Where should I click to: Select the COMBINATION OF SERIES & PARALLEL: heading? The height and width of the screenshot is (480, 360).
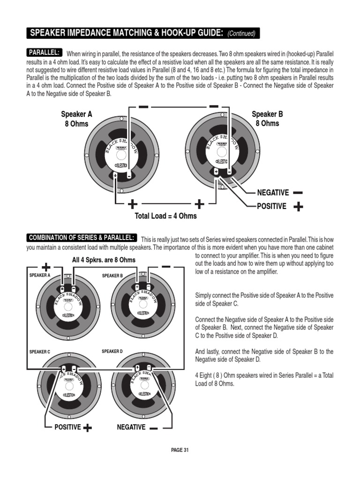(82, 237)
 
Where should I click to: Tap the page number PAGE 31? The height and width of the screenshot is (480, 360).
(180, 450)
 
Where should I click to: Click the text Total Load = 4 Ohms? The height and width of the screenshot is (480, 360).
(165, 216)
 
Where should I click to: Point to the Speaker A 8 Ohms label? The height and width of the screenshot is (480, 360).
(76, 119)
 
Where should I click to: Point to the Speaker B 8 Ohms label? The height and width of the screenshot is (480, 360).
(267, 119)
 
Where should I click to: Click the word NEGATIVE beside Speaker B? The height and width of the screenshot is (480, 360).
(273, 193)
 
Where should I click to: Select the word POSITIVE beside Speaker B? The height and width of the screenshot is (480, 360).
(271, 206)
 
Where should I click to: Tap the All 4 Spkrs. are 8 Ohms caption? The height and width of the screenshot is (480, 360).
(104, 260)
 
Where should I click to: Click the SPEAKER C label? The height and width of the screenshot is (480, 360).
(40, 351)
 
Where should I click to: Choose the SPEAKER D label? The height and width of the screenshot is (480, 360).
(112, 351)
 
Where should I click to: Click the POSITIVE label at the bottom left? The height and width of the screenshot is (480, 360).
(67, 427)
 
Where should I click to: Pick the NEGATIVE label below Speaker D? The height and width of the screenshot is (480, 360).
(131, 427)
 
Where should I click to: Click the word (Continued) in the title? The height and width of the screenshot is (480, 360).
(241, 34)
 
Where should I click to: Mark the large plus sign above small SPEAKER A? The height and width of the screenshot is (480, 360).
(46, 267)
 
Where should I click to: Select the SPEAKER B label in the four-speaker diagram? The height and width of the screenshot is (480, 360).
(112, 276)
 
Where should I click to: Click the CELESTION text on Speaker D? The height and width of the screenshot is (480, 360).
(145, 394)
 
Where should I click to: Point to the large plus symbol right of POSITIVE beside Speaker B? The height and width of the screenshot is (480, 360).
(298, 207)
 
